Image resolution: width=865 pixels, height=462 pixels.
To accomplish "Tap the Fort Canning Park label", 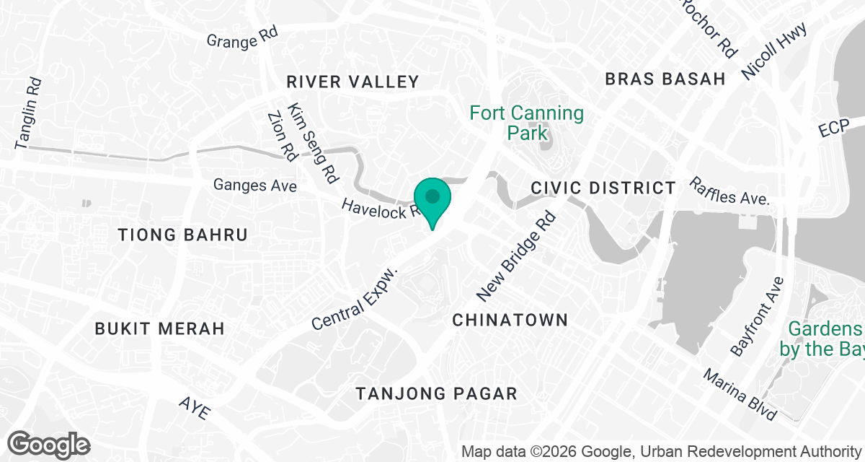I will (x=526, y=123).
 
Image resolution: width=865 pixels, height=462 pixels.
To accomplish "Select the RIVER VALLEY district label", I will (x=352, y=82).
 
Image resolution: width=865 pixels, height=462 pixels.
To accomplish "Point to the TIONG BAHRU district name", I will (x=183, y=235).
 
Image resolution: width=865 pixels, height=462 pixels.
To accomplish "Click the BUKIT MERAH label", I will (x=160, y=328).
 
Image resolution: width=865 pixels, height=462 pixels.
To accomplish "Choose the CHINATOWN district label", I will (x=510, y=319).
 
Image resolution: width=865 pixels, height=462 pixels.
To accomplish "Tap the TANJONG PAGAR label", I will (x=438, y=393).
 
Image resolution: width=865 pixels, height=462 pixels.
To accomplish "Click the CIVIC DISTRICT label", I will (x=603, y=188).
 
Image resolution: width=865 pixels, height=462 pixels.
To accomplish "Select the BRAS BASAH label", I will (x=665, y=79).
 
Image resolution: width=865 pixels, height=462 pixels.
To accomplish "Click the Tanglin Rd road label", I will (x=29, y=113).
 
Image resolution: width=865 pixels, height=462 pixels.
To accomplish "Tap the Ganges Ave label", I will (x=255, y=186).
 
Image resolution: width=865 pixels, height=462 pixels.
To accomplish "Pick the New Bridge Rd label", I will (x=517, y=256).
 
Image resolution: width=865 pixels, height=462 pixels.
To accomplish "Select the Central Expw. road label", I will (x=355, y=298).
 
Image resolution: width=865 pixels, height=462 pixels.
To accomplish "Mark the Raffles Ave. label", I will (x=729, y=191).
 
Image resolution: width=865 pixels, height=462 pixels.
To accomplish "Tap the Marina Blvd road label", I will (x=740, y=395).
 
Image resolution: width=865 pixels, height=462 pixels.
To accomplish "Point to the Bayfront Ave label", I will (x=757, y=316).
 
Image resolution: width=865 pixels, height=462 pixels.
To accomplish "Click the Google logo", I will (x=49, y=444).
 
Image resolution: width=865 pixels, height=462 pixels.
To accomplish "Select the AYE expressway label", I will (x=195, y=409).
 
